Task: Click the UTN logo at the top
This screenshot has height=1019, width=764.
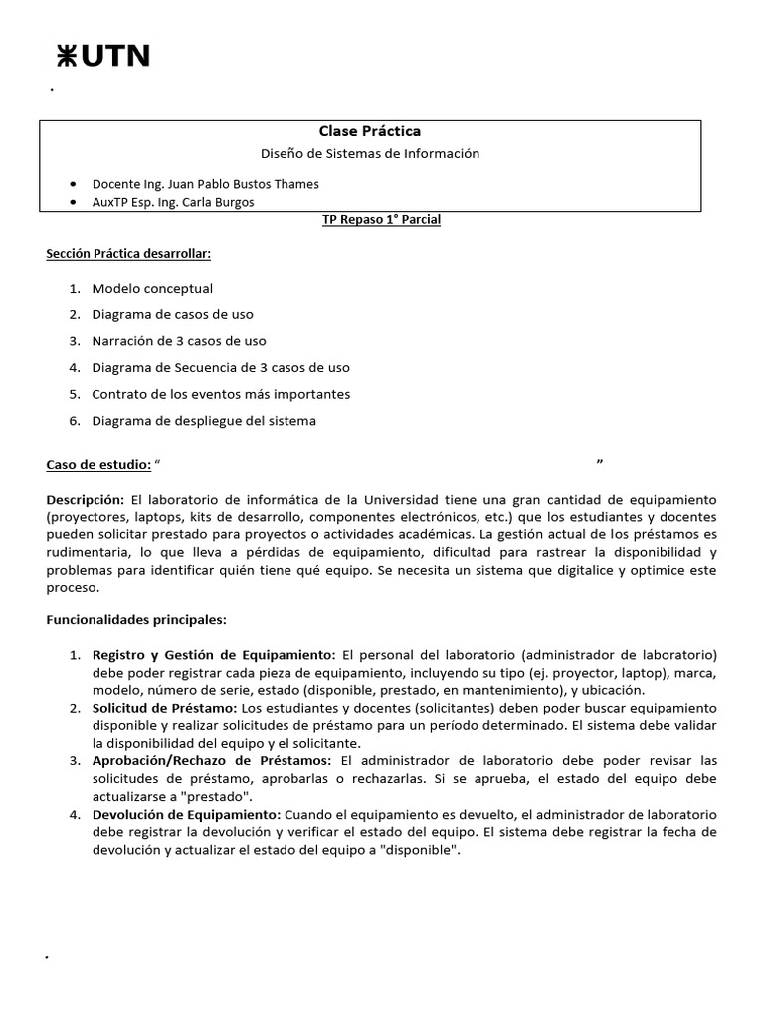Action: (x=102, y=57)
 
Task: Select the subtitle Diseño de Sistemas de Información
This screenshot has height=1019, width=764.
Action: (x=369, y=154)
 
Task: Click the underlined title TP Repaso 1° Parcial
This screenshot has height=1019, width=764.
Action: (x=381, y=220)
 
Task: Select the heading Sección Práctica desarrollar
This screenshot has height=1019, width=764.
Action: (x=128, y=254)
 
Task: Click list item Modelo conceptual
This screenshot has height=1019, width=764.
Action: (x=152, y=289)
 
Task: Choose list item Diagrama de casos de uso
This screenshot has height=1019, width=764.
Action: (x=172, y=314)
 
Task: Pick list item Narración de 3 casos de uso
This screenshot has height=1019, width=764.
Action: (x=179, y=341)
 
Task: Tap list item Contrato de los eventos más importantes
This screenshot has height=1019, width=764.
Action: (x=221, y=394)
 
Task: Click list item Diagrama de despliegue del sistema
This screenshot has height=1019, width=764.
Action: (x=204, y=421)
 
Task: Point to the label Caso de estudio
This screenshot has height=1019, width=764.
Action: (x=98, y=465)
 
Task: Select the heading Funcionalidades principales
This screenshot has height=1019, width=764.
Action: (x=136, y=620)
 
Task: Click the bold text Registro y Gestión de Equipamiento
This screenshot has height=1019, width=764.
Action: (x=214, y=655)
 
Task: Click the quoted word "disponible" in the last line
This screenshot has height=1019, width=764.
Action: (x=417, y=851)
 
